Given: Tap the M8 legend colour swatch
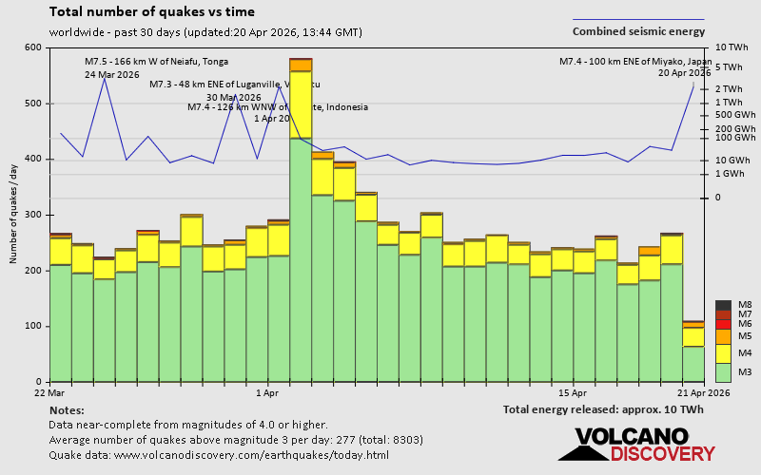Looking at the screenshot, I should (723, 305).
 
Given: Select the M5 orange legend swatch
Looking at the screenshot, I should (723, 336).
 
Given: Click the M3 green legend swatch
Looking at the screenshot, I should (723, 371).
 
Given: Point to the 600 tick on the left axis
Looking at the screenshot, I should (34, 47).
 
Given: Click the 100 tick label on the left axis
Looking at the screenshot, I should (34, 326).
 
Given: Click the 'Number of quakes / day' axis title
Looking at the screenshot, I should (14, 215).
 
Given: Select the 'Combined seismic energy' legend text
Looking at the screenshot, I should (638, 31).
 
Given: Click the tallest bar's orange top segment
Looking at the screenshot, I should (301, 65).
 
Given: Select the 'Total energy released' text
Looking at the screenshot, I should (603, 409).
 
